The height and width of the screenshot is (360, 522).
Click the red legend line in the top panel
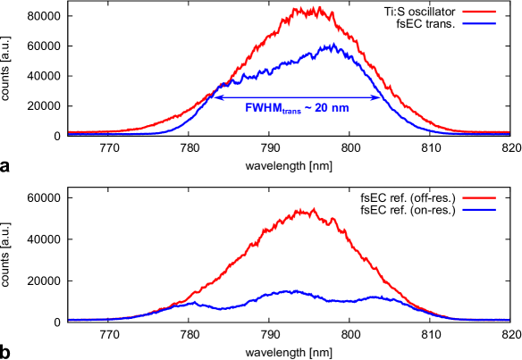click(x=479, y=12)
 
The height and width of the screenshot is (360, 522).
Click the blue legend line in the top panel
click(x=479, y=23)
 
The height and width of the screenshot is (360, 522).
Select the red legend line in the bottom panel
click(x=479, y=197)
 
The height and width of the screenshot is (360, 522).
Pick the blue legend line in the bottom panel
click(x=479, y=209)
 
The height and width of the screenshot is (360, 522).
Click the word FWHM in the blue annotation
click(x=263, y=108)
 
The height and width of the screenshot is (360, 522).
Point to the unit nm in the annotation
click(x=341, y=108)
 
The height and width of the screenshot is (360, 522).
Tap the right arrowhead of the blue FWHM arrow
click(x=378, y=97)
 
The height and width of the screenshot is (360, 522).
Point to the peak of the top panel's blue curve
click(x=332, y=45)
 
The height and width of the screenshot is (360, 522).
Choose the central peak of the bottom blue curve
click(x=292, y=290)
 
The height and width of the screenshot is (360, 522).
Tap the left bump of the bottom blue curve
click(x=189, y=304)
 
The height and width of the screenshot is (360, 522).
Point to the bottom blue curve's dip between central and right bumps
click(x=340, y=301)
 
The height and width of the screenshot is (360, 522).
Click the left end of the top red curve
click(x=70, y=132)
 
